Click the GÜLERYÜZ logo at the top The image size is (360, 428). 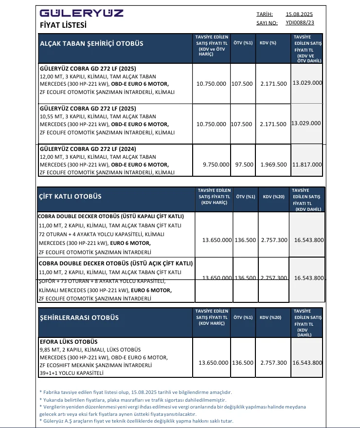point(81,13)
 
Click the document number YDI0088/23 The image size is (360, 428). point(300,22)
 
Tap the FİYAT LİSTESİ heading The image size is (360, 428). point(63,25)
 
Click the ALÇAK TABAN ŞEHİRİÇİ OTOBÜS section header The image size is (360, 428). point(91,43)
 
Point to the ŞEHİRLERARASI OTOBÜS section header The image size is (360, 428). point(79,317)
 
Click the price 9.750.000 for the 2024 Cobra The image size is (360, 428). point(216,165)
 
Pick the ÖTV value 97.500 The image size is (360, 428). point(244,165)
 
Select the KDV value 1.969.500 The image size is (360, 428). point(273,165)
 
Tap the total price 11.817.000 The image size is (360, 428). point(307,165)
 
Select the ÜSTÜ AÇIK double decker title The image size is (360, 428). point(115,263)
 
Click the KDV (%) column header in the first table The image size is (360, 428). point(268,43)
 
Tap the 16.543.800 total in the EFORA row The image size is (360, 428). point(307,363)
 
